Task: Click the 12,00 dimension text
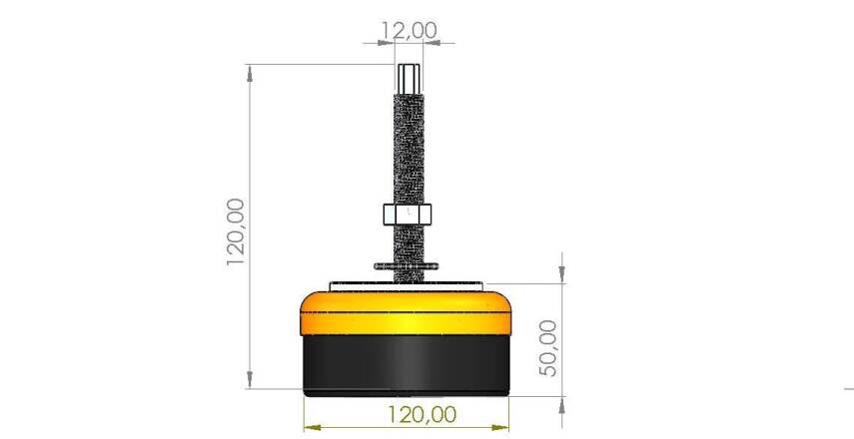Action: click(409, 30)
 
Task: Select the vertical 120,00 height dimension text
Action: click(236, 231)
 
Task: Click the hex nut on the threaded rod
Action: click(407, 215)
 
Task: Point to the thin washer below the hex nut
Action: click(407, 266)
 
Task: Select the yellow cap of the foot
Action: click(407, 311)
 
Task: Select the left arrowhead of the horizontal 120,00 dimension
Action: click(310, 424)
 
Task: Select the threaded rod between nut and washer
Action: click(407, 244)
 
